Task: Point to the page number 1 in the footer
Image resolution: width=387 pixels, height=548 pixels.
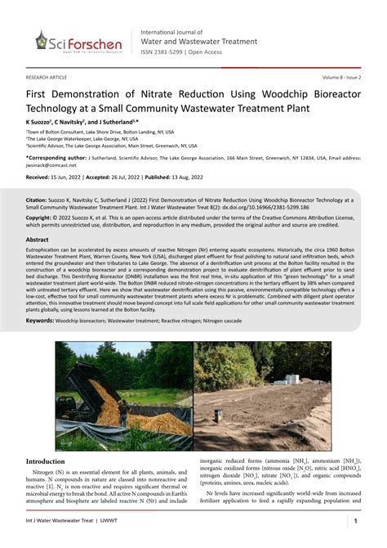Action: pos(355,521)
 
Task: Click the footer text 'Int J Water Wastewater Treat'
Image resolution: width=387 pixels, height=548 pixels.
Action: pos(64,521)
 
